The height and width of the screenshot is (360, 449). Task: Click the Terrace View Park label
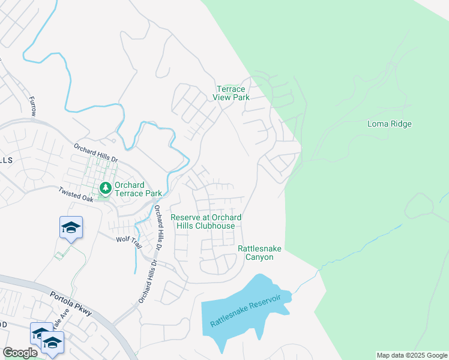(231, 93)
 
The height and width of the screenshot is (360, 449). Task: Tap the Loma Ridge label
(390, 124)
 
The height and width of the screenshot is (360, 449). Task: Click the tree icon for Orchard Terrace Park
(106, 188)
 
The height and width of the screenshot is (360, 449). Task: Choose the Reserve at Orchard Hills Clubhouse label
(206, 221)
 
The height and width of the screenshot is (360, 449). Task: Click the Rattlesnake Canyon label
(259, 253)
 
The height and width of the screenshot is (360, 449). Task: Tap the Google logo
(20, 353)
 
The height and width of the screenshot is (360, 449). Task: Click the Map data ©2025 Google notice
(411, 355)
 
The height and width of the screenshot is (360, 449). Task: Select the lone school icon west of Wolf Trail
(71, 227)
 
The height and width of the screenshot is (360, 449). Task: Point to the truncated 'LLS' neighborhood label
(7, 159)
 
